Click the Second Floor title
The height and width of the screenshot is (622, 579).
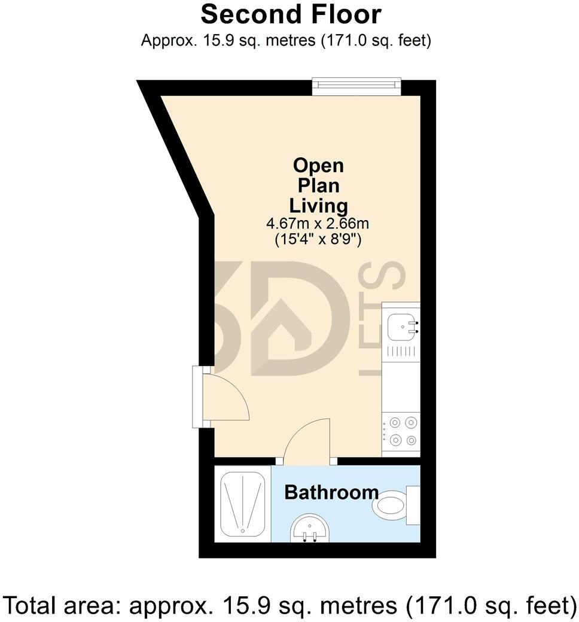click(x=291, y=15)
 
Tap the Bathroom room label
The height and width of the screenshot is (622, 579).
click(x=331, y=492)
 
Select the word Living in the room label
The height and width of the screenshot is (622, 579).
click(x=318, y=206)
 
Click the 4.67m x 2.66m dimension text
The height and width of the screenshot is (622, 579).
click(x=318, y=224)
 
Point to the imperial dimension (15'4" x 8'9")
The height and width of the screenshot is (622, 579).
click(x=318, y=240)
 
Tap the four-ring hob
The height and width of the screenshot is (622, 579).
click(x=401, y=432)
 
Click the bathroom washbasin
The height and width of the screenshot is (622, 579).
click(x=310, y=528)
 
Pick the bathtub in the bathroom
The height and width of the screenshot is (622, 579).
click(x=243, y=504)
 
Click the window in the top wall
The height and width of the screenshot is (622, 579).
click(x=356, y=87)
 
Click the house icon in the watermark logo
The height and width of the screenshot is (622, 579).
click(x=282, y=330)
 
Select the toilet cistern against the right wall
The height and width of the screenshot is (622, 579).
click(x=413, y=505)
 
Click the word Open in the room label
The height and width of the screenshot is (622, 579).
click(x=318, y=166)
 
